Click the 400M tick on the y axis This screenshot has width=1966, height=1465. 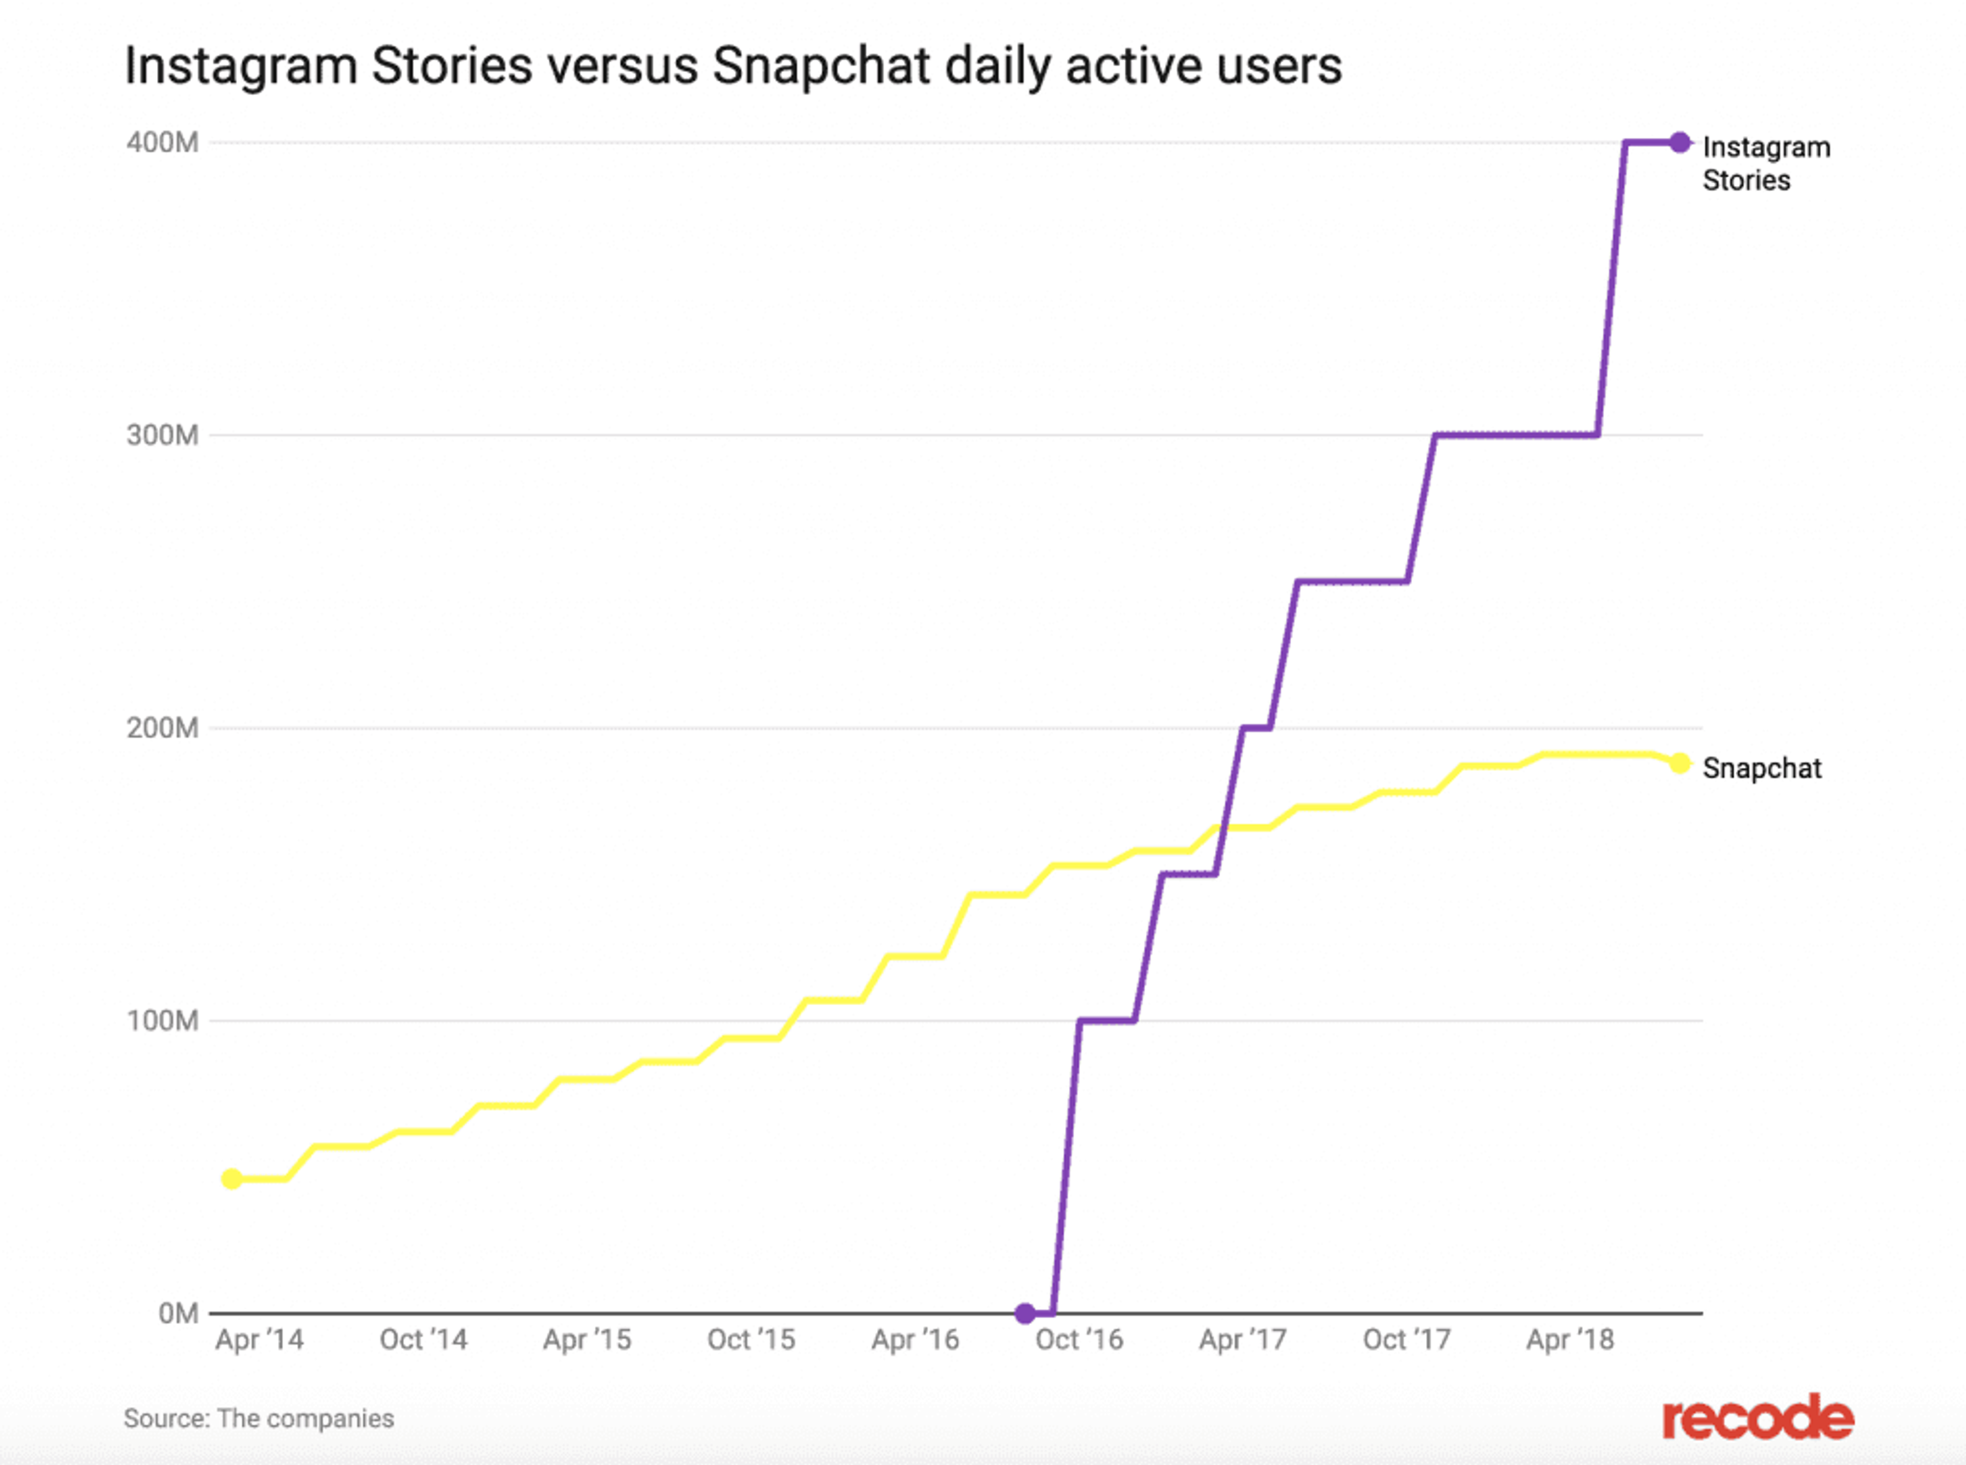[x=162, y=143]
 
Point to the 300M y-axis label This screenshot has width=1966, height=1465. [x=162, y=435]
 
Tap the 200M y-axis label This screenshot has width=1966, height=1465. [x=162, y=728]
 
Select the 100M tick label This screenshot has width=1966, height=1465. [x=162, y=1021]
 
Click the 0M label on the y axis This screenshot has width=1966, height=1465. [x=177, y=1313]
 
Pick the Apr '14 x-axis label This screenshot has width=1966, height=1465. [x=259, y=1340]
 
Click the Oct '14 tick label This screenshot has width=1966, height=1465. [x=423, y=1340]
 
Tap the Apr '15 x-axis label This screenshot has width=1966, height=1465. [x=587, y=1340]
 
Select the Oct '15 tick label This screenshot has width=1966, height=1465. [x=751, y=1340]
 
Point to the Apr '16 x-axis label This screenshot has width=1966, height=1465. [x=915, y=1340]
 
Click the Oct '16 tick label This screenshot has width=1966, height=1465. [x=1079, y=1340]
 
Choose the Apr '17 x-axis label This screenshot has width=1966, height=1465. [x=1243, y=1340]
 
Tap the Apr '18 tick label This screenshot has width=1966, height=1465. [x=1570, y=1340]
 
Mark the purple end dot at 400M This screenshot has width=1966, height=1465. [x=1680, y=142]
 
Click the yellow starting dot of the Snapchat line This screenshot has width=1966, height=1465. [x=231, y=1179]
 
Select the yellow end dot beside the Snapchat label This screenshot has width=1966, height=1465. [x=1680, y=762]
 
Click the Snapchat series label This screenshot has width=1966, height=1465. [x=1761, y=768]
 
